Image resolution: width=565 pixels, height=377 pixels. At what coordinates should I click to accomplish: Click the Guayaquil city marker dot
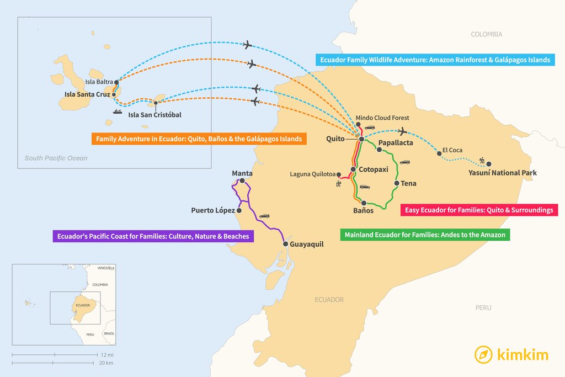(285, 244)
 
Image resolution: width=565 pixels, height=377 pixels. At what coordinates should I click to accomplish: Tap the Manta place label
(242, 173)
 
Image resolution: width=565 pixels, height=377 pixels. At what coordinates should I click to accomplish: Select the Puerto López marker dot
(239, 210)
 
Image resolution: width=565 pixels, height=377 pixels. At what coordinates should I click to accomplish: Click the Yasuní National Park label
(502, 173)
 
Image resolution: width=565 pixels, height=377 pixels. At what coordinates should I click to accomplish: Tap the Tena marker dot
(396, 183)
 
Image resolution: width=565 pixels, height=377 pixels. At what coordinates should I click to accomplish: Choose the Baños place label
(363, 210)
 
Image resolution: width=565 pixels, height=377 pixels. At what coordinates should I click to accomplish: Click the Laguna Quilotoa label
(312, 174)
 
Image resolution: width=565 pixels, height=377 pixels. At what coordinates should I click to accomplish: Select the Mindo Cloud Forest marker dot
(358, 125)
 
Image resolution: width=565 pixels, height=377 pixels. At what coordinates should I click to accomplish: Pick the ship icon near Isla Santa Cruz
(117, 111)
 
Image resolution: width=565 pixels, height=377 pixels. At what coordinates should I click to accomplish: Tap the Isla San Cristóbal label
(154, 115)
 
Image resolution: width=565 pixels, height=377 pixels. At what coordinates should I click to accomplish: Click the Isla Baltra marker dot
(116, 82)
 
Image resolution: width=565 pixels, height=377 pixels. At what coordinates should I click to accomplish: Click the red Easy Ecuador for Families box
(478, 210)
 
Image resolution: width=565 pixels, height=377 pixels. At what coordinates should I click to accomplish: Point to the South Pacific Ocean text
(56, 158)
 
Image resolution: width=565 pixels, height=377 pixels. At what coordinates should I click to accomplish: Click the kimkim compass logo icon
(483, 354)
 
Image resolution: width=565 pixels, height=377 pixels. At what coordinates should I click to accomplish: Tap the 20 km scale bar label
(106, 363)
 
